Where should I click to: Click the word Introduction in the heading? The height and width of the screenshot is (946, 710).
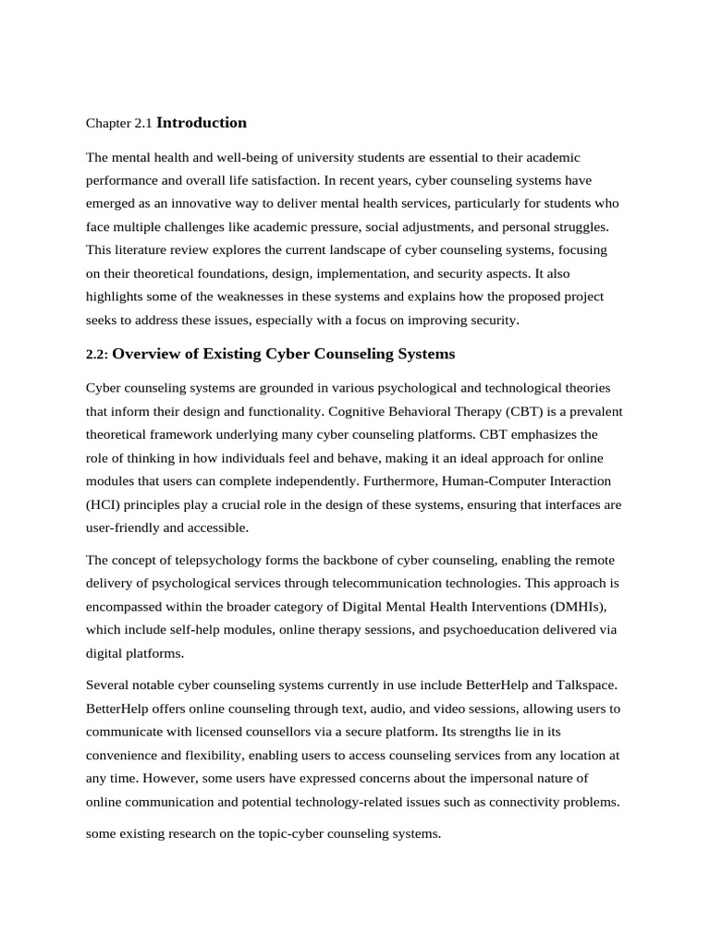point(202,123)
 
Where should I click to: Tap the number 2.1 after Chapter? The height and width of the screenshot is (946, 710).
point(143,124)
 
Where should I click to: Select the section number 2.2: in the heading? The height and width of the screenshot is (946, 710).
point(97,355)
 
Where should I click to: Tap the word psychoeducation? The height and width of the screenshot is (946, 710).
point(481,629)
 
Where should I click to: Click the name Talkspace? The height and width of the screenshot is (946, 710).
point(588,685)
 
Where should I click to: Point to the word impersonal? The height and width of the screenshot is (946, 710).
point(486,777)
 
